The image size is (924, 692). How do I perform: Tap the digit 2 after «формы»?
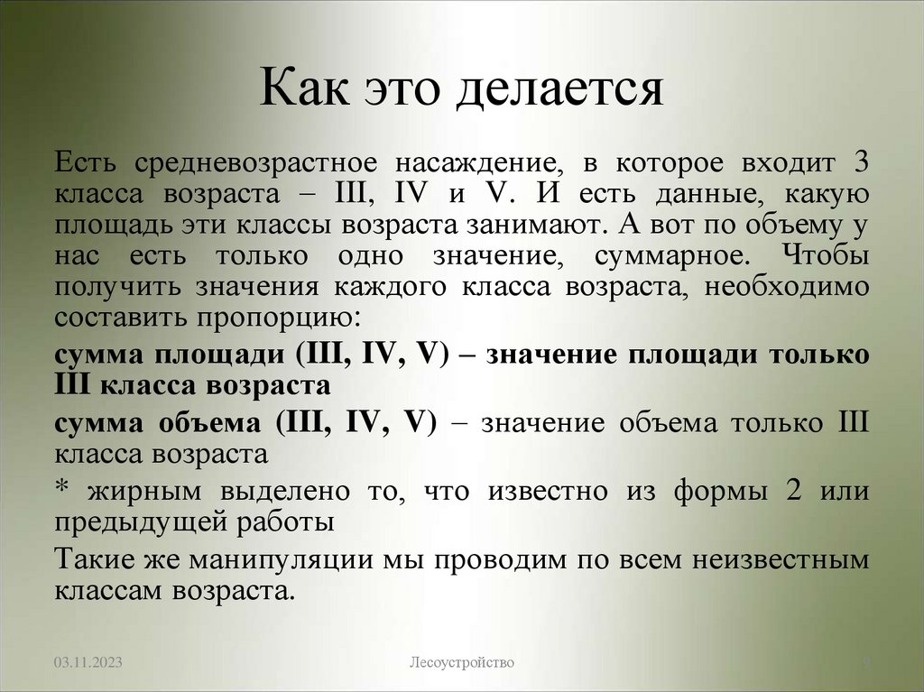782,492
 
